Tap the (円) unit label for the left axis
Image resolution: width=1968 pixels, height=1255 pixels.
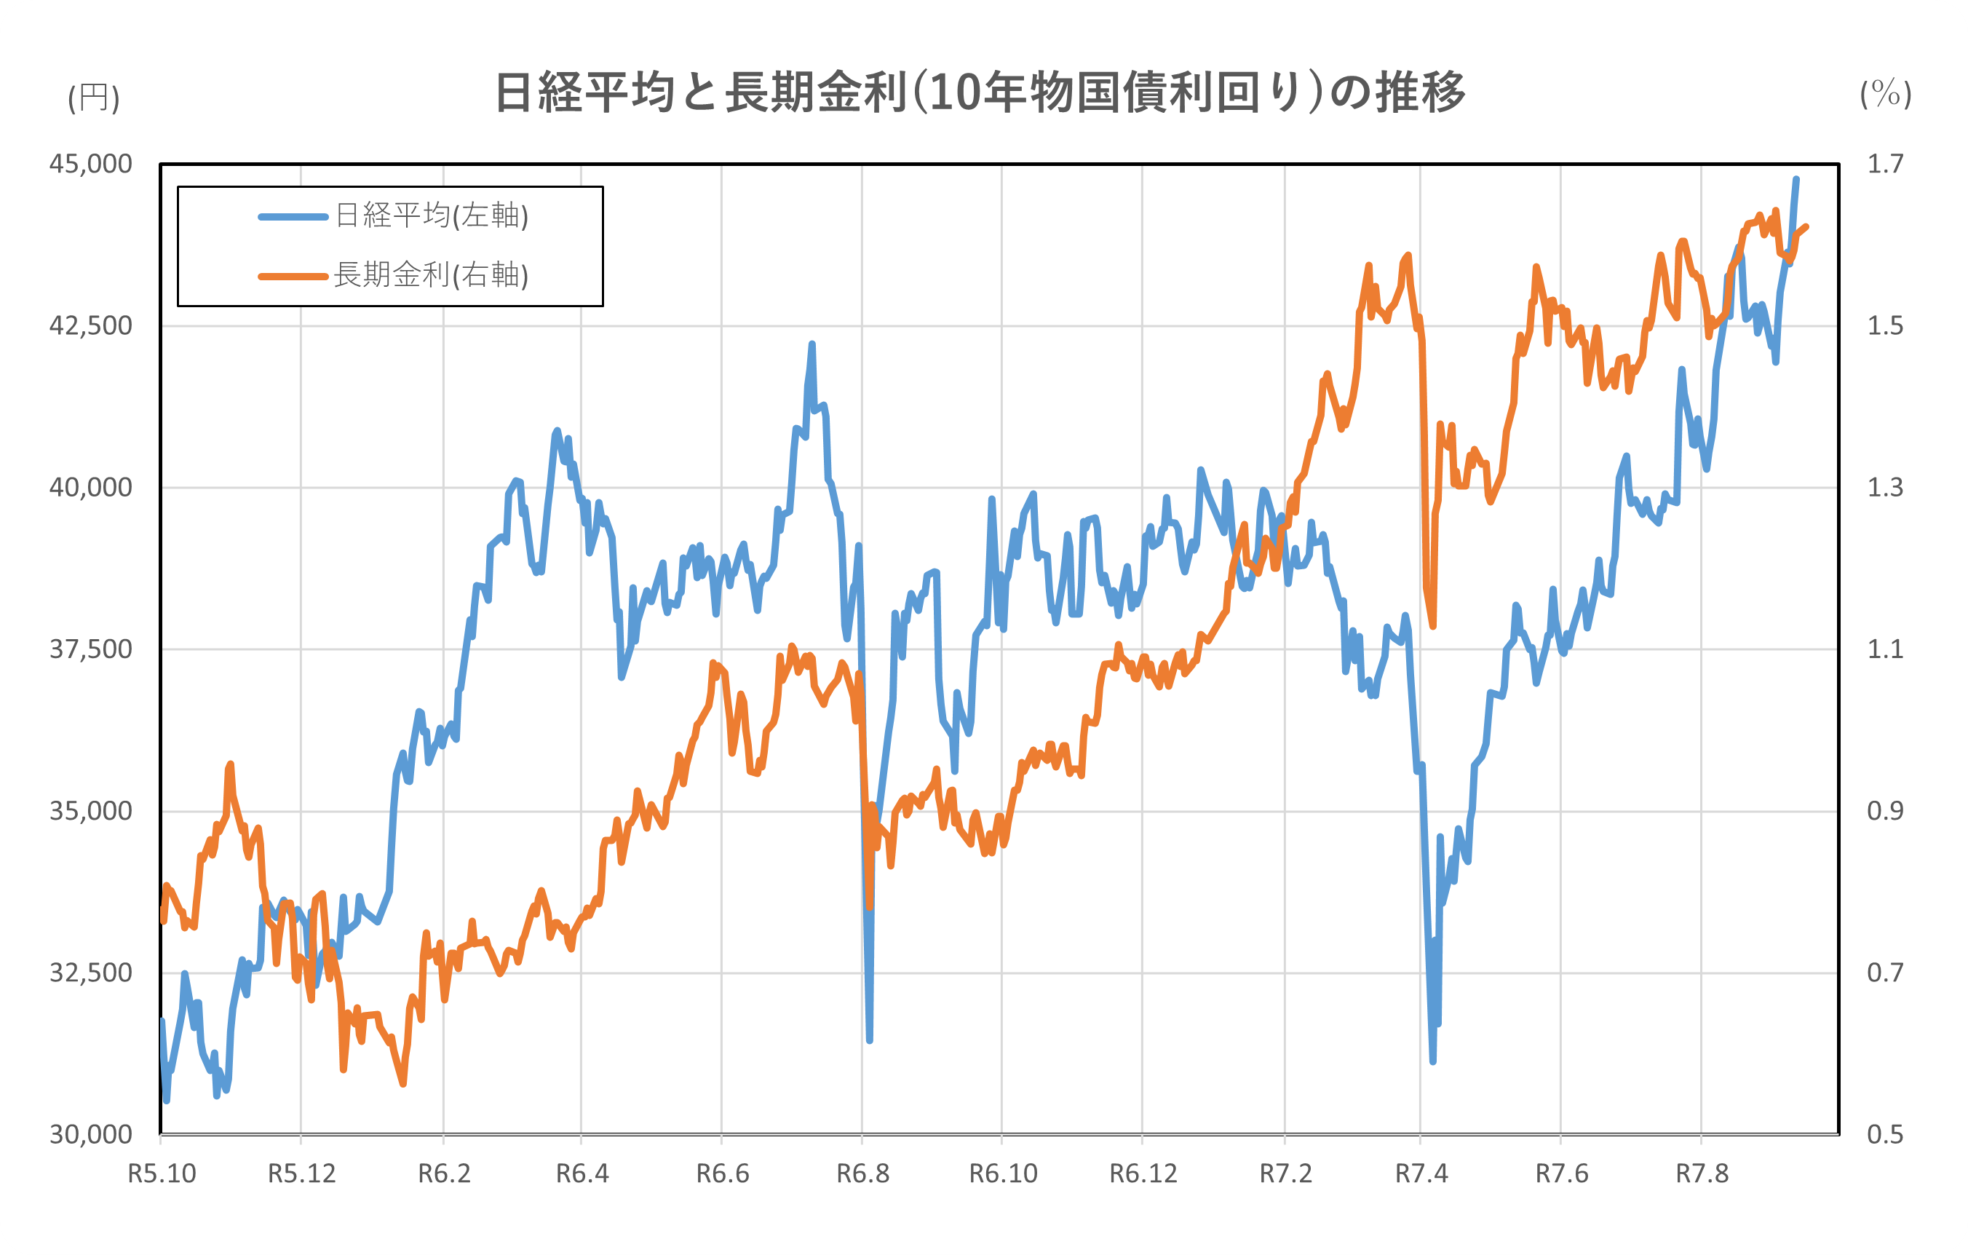[x=93, y=98]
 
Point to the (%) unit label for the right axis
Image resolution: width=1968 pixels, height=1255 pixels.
[x=1886, y=94]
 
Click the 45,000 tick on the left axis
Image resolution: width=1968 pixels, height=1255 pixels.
[x=91, y=165]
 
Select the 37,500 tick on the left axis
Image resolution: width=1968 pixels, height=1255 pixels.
[x=91, y=650]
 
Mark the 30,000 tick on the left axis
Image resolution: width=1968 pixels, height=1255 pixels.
[x=91, y=1135]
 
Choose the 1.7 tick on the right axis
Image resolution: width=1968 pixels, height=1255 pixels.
[x=1884, y=165]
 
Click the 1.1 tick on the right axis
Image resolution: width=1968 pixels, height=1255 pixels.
[x=1884, y=650]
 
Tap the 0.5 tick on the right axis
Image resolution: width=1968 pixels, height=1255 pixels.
[x=1884, y=1135]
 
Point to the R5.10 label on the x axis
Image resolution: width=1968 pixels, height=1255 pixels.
[x=162, y=1174]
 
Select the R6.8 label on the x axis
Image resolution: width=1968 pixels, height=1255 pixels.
[x=862, y=1174]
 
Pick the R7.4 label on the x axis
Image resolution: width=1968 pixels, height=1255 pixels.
[x=1421, y=1174]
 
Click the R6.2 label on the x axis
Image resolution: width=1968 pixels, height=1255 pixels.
[x=444, y=1174]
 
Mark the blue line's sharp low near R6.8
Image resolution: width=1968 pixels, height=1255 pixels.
[x=870, y=1040]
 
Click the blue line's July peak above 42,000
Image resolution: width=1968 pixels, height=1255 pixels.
[x=812, y=344]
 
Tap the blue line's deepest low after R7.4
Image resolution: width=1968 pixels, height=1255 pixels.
[x=1432, y=1061]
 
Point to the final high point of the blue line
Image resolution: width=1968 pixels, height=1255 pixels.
[x=1796, y=179]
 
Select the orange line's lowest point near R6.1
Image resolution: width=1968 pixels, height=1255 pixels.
[x=403, y=1084]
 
